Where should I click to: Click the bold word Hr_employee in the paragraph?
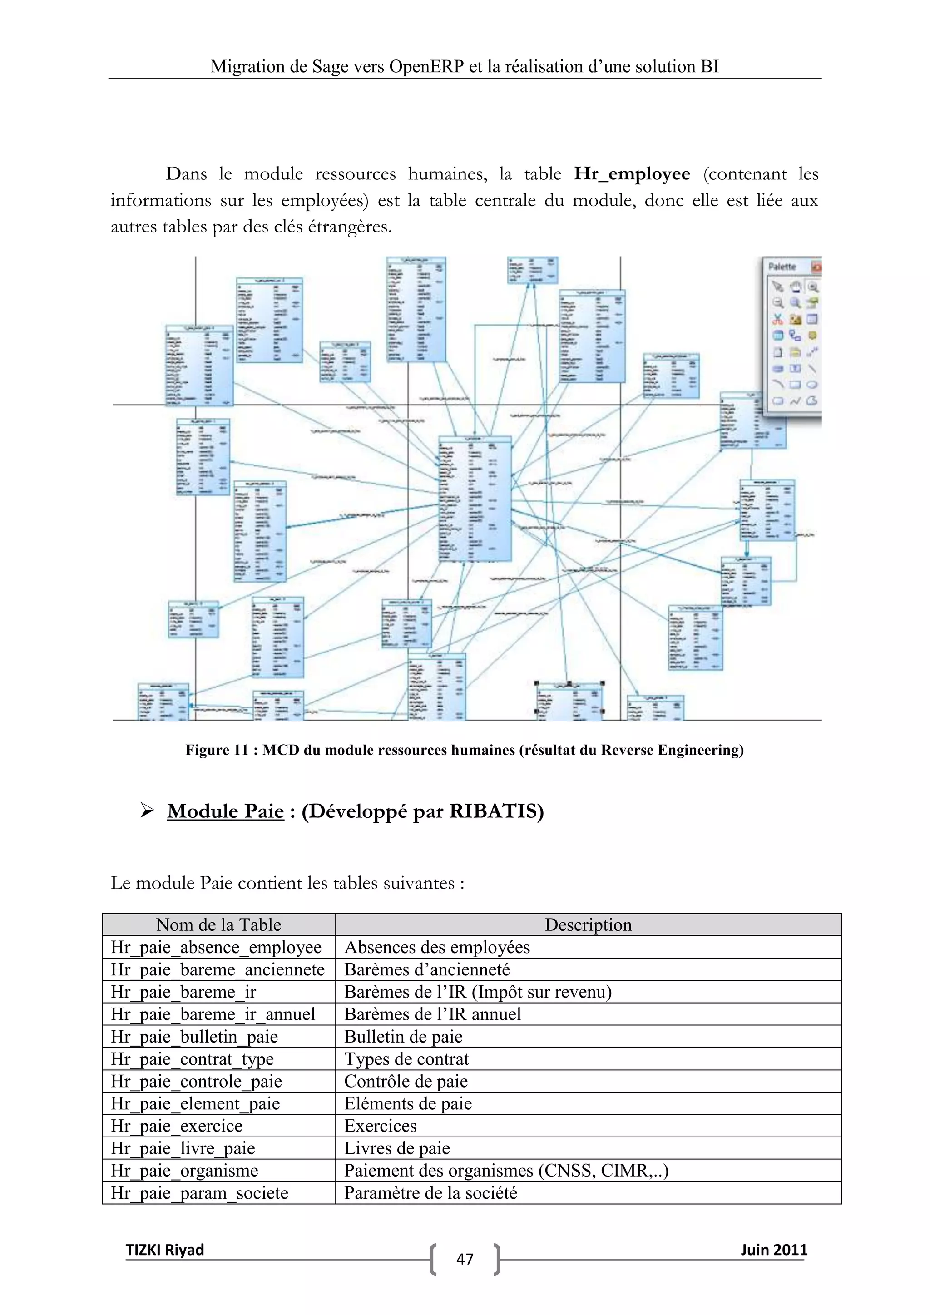632,174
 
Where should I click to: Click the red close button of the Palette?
816,267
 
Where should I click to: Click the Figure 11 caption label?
464,750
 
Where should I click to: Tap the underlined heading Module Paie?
225,811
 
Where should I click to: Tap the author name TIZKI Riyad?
165,1250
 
